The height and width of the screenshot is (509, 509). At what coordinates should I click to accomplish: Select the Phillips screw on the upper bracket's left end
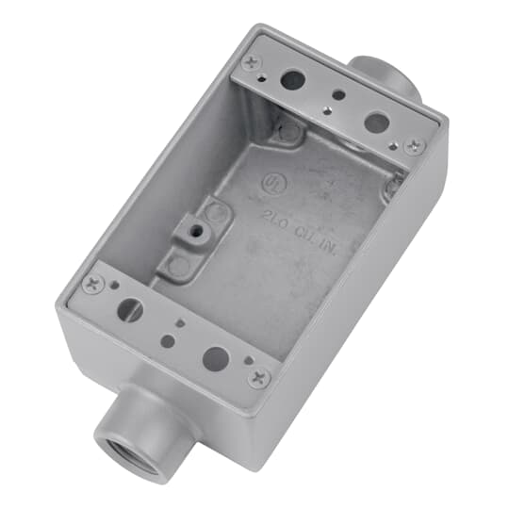point(251,63)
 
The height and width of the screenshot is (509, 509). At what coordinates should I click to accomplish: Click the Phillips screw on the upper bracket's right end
point(413,145)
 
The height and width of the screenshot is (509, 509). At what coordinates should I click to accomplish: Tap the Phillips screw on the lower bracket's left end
point(92,281)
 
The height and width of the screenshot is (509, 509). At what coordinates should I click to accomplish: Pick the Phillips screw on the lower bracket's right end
point(259,377)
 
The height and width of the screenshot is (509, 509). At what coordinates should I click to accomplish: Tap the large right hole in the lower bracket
point(216,357)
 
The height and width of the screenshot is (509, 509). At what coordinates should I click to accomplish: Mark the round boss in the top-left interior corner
point(286,129)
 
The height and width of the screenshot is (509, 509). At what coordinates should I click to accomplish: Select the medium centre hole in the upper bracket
point(337,94)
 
